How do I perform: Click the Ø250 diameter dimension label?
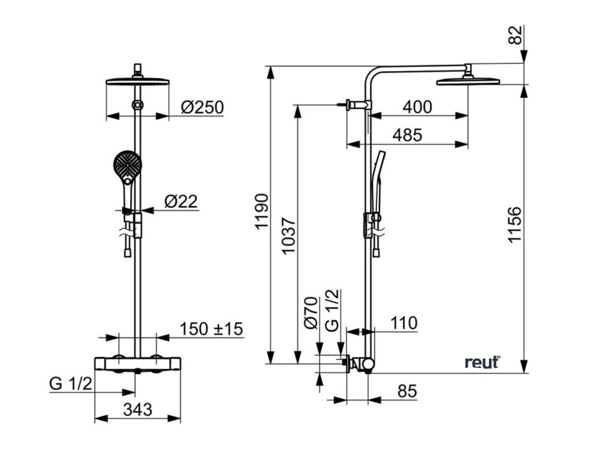[202, 107]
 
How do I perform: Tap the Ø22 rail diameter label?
[181, 202]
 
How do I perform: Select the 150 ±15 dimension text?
[211, 329]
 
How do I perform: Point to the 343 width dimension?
[138, 408]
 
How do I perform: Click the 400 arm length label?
[416, 107]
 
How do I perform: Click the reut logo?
[482, 362]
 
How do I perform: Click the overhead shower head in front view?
[137, 81]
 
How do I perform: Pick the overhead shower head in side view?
[468, 80]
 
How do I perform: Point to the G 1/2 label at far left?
[70, 384]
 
